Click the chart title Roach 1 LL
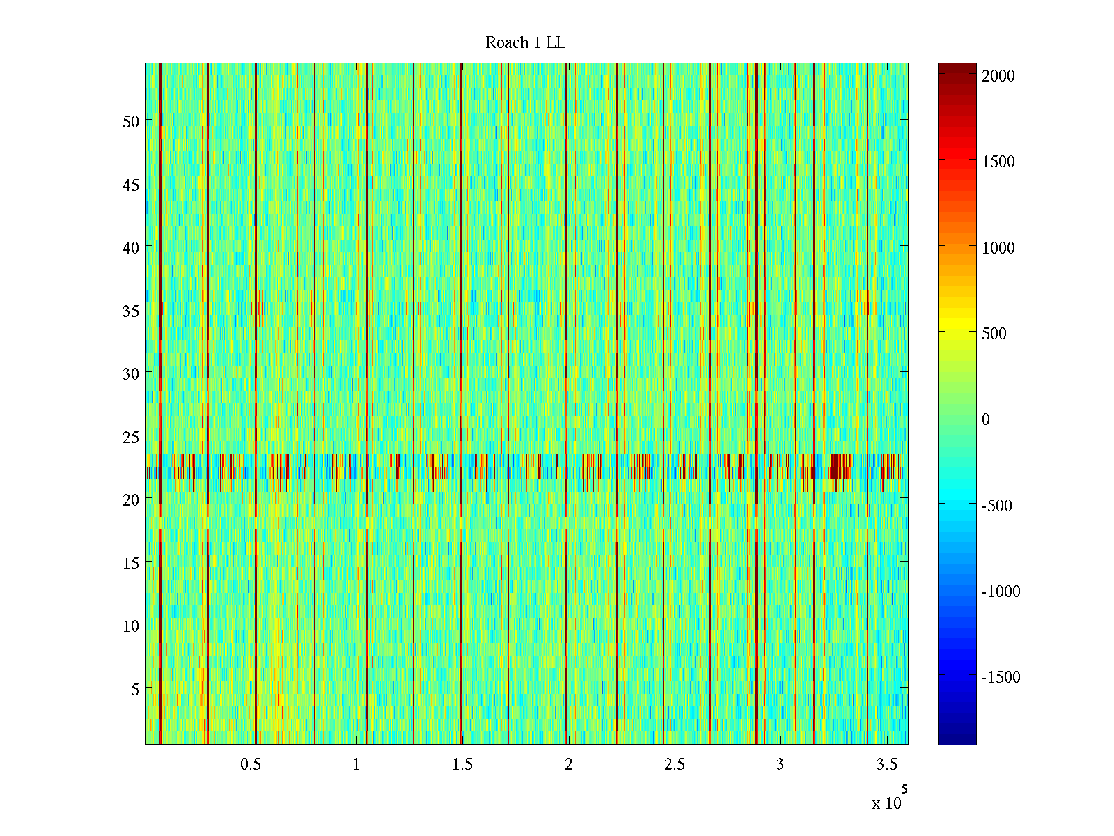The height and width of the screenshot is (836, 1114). tap(525, 43)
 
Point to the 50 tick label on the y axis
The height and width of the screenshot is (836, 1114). tap(131, 121)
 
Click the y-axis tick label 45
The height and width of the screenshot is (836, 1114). tap(131, 185)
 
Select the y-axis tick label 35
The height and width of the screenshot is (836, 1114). tap(131, 311)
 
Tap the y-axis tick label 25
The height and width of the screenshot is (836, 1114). tap(131, 437)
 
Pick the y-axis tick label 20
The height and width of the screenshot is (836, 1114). tap(131, 500)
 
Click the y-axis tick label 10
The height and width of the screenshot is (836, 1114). tap(131, 626)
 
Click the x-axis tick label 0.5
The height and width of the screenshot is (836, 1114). tap(251, 765)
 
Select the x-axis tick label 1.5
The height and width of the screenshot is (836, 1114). tap(462, 765)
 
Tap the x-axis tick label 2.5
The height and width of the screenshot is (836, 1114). tap(674, 765)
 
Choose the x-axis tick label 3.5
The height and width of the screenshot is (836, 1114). tap(886, 765)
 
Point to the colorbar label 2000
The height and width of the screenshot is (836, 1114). tap(998, 76)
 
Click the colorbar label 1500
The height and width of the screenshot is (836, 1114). tap(998, 162)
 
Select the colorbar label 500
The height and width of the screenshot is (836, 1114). tap(994, 334)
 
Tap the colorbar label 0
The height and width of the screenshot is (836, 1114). tap(985, 419)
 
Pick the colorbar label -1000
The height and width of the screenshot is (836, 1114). tap(1001, 591)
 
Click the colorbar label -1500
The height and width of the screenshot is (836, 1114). tap(1001, 677)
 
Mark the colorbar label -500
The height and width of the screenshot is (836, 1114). tap(996, 506)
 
